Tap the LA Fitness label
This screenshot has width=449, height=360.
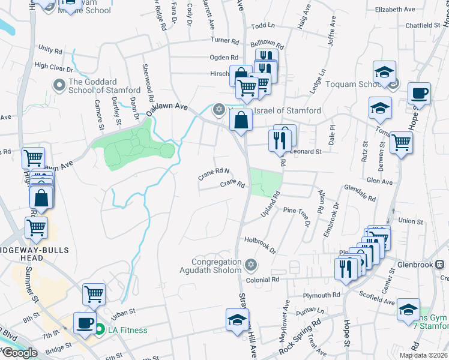tap(127, 329)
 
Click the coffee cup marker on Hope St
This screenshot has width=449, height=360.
tap(420, 94)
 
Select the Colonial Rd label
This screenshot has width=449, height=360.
tap(262, 280)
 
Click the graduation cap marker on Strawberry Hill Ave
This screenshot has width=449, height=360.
tap(237, 320)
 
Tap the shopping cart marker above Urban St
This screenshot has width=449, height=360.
tap(94, 294)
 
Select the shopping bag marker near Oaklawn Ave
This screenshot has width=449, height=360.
tap(240, 120)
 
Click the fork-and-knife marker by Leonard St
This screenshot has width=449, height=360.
tap(280, 140)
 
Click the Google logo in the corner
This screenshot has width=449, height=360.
tap(19, 353)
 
